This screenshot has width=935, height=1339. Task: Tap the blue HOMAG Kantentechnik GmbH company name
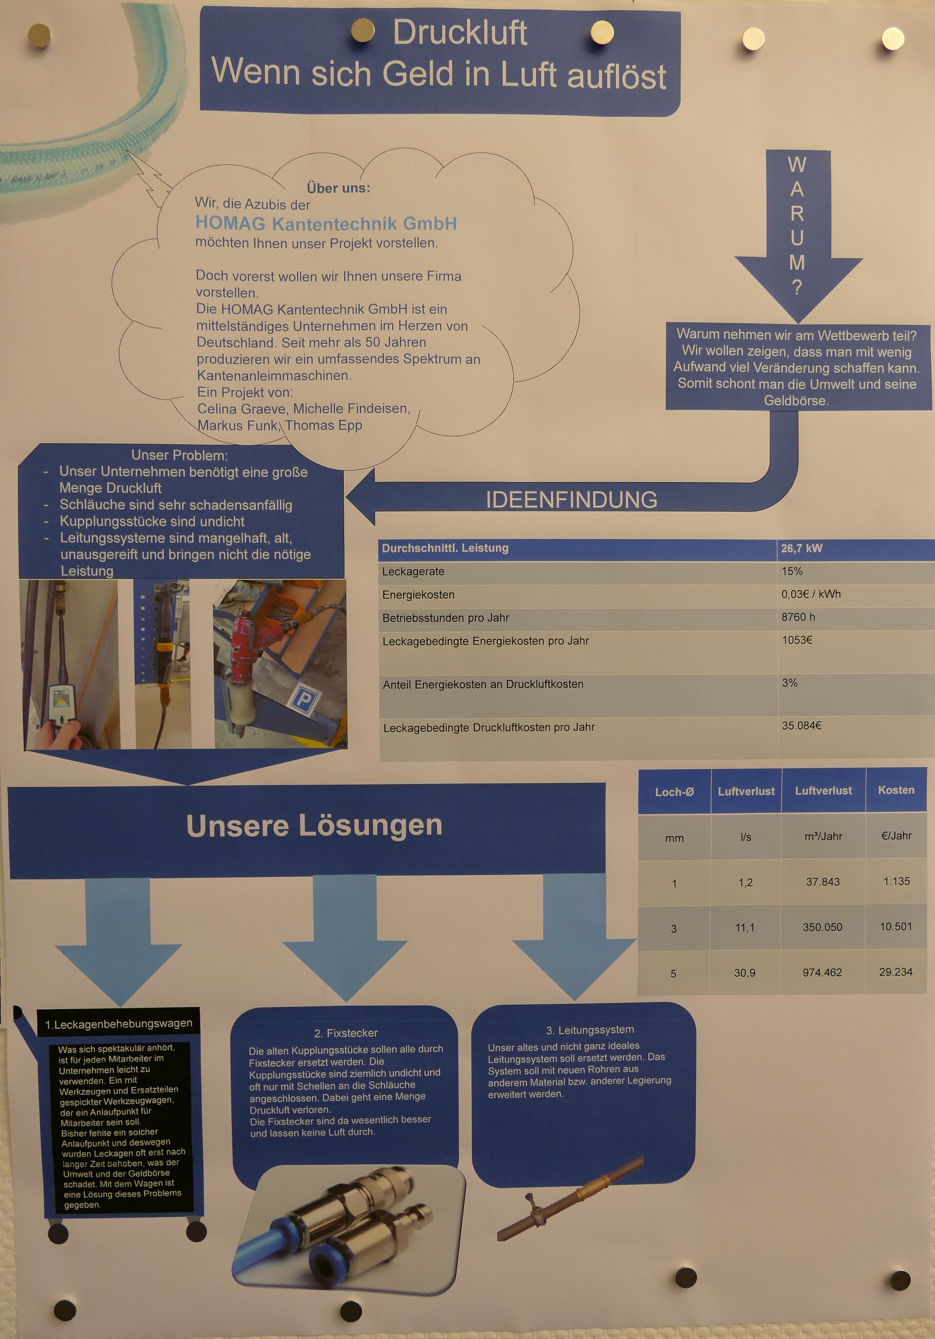[x=326, y=223]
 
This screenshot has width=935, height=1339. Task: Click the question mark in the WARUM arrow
[x=797, y=287]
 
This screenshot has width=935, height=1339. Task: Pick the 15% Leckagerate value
[x=792, y=571]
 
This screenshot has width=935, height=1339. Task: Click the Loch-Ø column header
[x=674, y=792]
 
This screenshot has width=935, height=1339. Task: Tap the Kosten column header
[x=896, y=790]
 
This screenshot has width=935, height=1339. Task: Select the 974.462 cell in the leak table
[x=822, y=972]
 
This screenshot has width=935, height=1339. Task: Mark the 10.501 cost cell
[x=896, y=927]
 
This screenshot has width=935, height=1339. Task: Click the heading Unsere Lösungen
[x=314, y=825]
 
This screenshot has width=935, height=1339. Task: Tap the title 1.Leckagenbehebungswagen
[x=118, y=1023]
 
